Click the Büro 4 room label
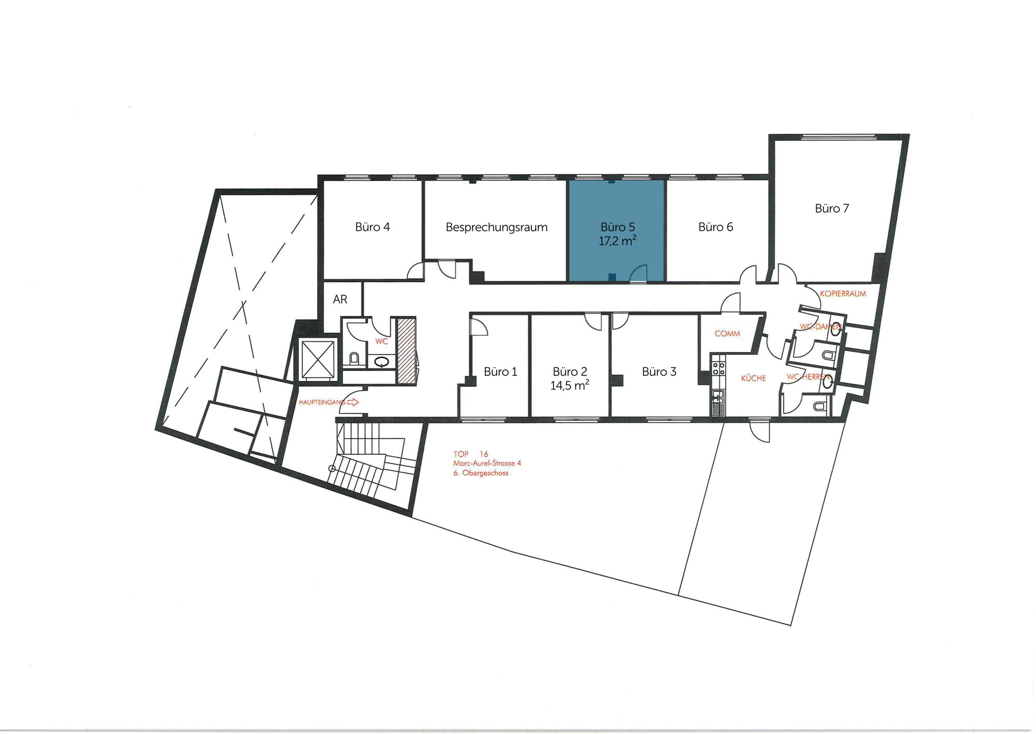(372, 227)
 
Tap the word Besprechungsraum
(496, 227)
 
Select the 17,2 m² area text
(617, 241)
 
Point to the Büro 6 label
(715, 227)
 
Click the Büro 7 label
(832, 208)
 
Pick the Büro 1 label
(500, 372)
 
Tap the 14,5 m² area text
(569, 385)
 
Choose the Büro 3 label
(659, 372)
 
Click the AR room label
(340, 300)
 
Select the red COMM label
(727, 334)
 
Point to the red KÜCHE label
(753, 378)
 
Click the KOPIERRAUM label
(843, 294)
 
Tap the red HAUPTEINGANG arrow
(353, 402)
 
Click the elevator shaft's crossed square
(318, 360)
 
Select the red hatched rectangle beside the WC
(407, 351)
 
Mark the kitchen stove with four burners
(718, 369)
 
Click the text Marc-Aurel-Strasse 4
(487, 463)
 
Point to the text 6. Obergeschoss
(481, 473)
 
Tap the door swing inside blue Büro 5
(639, 273)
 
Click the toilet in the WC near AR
(354, 358)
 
